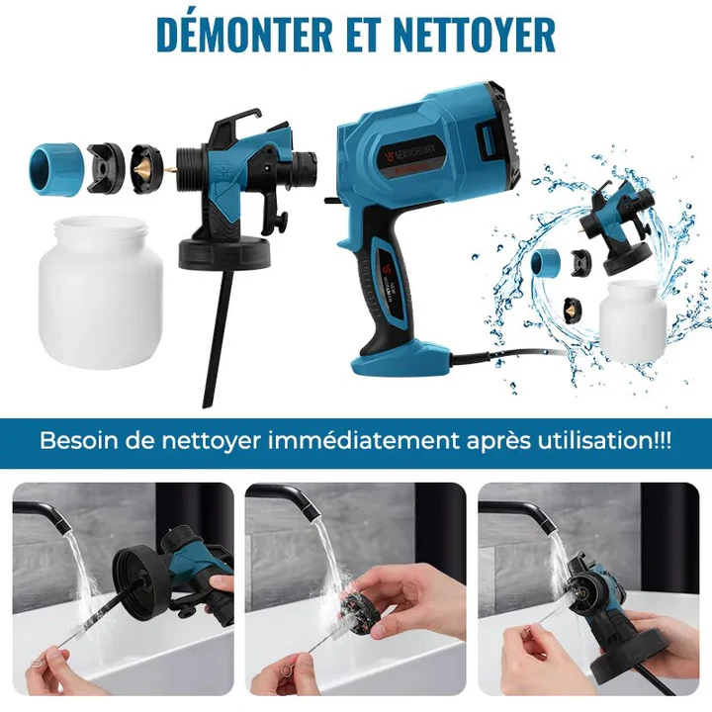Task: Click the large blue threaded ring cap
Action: (56, 166)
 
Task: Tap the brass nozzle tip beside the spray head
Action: (170, 170)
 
